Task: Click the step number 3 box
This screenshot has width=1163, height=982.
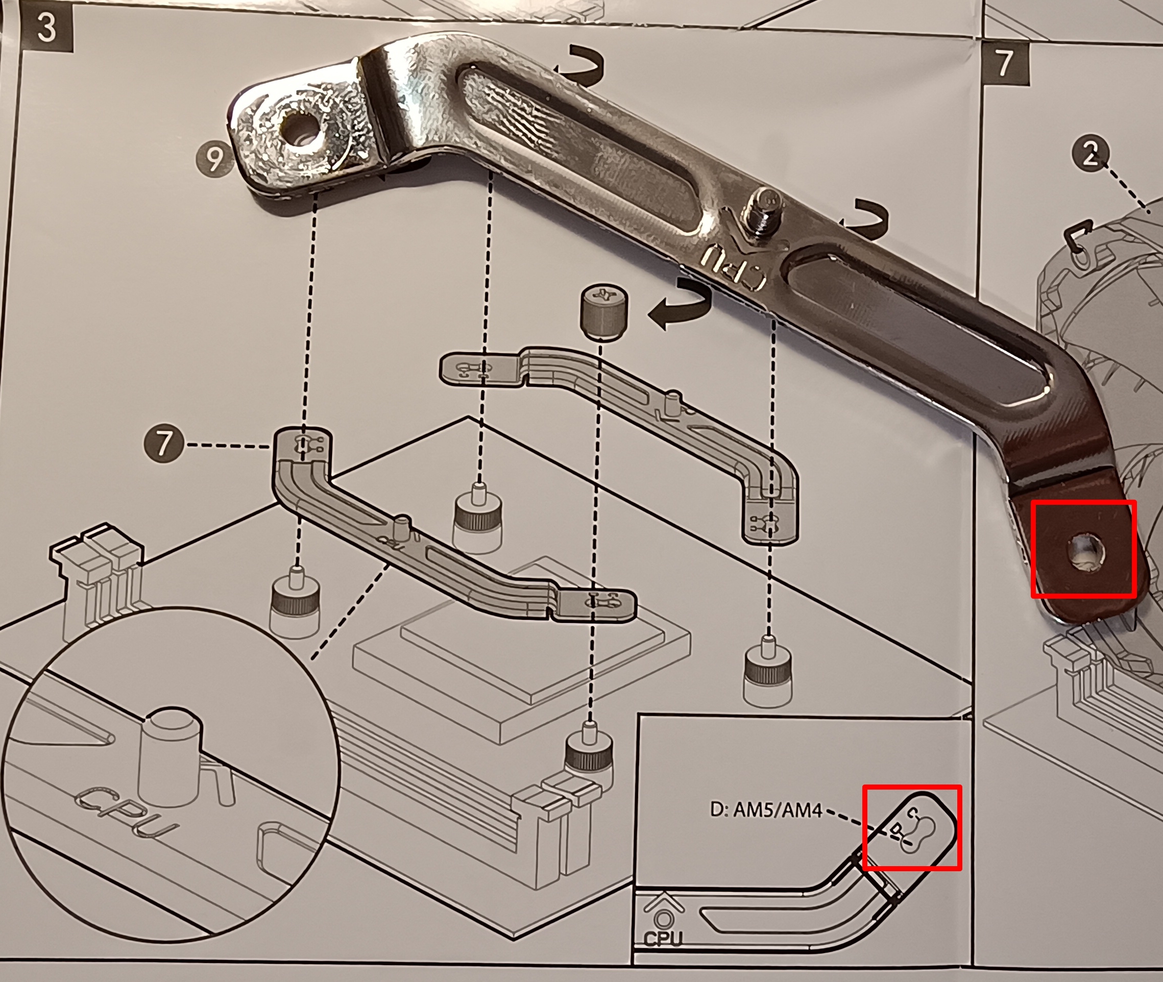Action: [47, 29]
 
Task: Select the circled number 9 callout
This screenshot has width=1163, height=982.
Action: [214, 159]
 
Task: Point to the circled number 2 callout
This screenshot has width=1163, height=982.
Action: [1091, 154]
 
